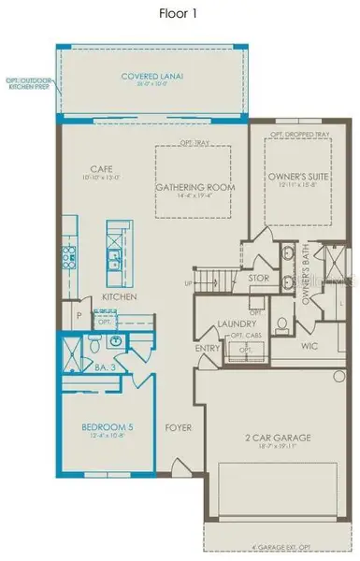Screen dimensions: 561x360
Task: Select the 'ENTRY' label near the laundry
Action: tap(207, 348)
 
